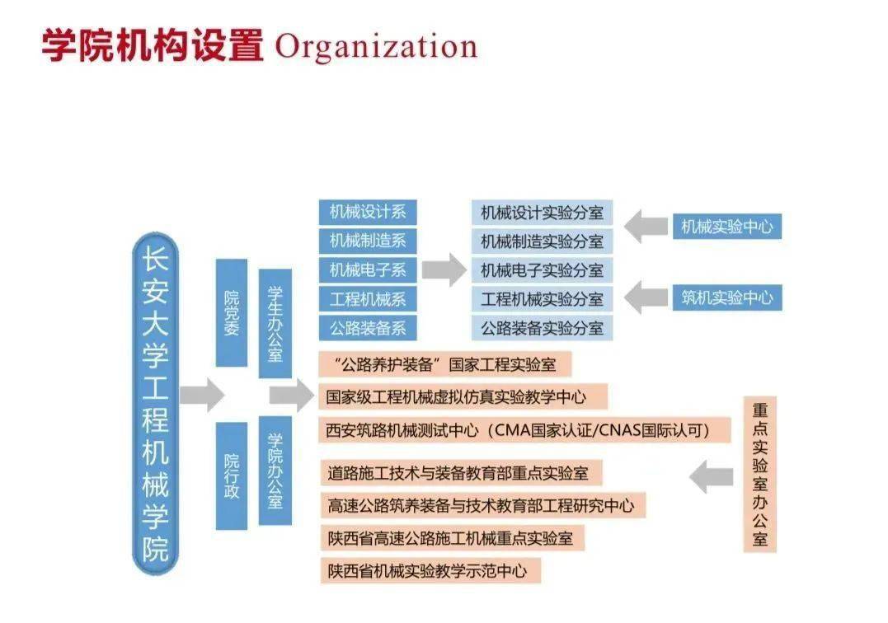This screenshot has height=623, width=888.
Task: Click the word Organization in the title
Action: click(377, 46)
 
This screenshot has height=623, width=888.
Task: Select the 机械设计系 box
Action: click(368, 212)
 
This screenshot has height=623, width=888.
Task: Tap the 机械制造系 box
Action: click(368, 241)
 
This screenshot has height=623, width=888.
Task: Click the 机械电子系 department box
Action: click(368, 270)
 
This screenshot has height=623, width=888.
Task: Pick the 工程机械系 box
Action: click(368, 299)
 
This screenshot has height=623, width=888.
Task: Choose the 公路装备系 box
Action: click(368, 328)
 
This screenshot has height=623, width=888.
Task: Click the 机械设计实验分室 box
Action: click(542, 213)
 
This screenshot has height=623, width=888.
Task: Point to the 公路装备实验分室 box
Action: click(542, 328)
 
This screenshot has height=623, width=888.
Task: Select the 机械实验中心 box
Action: click(727, 227)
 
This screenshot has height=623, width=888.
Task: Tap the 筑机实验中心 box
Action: click(727, 297)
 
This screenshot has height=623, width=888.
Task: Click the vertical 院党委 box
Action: click(232, 313)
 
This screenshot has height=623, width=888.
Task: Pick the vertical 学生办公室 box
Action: click(275, 324)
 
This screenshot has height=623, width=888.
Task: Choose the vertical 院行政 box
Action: click(232, 475)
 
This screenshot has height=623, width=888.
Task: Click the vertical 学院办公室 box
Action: click(275, 471)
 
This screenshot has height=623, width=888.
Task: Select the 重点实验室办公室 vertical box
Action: click(759, 474)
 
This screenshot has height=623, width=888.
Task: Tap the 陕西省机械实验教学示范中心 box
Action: click(430, 571)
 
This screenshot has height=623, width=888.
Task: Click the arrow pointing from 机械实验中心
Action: click(646, 227)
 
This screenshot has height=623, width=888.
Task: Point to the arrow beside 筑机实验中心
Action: click(646, 297)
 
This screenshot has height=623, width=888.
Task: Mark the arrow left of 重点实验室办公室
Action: click(712, 476)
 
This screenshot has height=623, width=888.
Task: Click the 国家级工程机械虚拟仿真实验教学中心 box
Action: click(463, 396)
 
